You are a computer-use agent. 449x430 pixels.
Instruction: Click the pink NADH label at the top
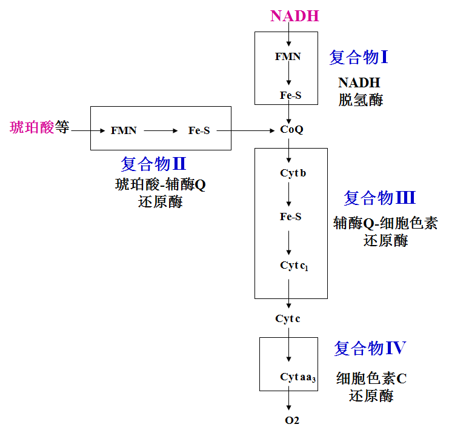(294, 16)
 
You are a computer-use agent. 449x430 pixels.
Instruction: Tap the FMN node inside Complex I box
(288, 56)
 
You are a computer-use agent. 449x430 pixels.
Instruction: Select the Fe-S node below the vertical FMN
(290, 95)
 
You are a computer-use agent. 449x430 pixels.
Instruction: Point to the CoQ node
(291, 130)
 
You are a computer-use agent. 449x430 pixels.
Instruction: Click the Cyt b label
(293, 173)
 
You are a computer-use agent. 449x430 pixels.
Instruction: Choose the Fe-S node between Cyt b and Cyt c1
(291, 217)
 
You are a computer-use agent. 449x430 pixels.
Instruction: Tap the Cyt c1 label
(294, 266)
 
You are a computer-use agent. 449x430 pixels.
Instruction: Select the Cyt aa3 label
(298, 377)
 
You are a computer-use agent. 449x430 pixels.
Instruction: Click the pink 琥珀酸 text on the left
(32, 127)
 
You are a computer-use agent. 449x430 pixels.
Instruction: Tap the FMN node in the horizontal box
(124, 130)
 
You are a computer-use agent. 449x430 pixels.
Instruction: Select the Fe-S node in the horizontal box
(199, 130)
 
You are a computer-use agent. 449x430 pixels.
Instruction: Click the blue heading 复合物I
(358, 58)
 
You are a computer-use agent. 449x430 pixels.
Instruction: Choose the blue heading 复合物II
(153, 164)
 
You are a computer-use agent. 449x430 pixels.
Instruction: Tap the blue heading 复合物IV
(370, 348)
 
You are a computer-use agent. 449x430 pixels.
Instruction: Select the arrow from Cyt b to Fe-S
(290, 194)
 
